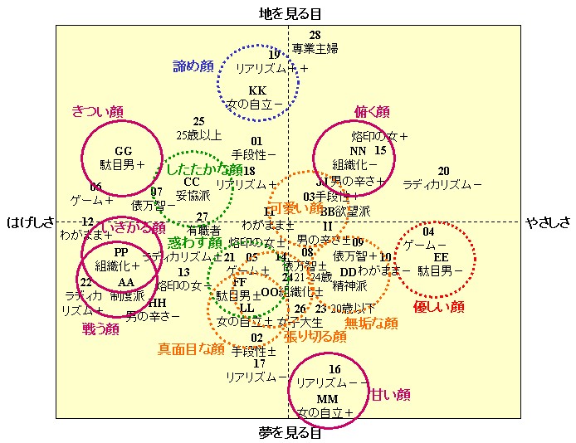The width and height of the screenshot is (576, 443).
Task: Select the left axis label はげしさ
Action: click(31, 222)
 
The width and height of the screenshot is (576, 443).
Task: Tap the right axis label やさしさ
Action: click(549, 222)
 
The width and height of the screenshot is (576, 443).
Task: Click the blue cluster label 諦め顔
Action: click(193, 66)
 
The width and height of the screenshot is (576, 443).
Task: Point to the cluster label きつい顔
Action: click(99, 111)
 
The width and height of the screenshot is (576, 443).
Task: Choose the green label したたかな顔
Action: click(204, 169)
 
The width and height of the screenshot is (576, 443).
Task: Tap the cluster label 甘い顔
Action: click(390, 394)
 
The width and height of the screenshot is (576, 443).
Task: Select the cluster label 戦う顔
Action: click(100, 329)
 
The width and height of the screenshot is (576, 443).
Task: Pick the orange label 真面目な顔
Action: click(191, 349)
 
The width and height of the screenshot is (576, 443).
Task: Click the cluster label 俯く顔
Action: click(372, 111)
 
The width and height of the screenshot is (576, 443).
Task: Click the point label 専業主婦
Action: click(315, 48)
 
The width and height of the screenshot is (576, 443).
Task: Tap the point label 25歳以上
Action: click(199, 134)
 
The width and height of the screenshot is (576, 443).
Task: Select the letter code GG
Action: click(124, 151)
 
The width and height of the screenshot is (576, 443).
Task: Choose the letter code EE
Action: click(441, 257)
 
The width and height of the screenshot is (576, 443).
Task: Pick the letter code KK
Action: click(257, 90)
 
